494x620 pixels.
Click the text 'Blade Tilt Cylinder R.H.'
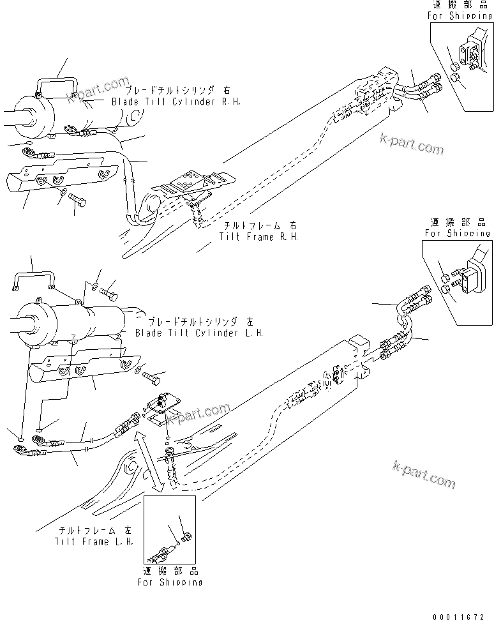[x=176, y=102]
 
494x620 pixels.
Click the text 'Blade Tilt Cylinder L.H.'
[x=199, y=333]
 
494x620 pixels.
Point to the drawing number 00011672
[x=463, y=614]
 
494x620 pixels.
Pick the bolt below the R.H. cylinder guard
[x=78, y=203]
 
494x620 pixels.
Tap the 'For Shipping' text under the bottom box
[x=170, y=582]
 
